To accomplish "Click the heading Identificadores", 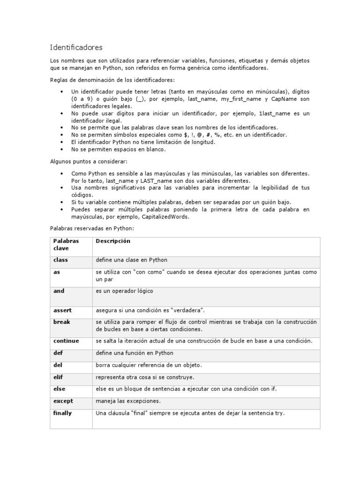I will (x=76, y=47).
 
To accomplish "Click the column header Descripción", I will (x=113, y=241).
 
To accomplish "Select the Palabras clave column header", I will (x=66, y=244).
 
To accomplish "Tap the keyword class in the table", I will (x=61, y=260).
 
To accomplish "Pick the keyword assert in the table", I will (x=63, y=310).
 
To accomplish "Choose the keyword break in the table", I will (x=62, y=322).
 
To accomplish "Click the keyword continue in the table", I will (x=66, y=341).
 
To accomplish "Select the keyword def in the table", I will (x=59, y=353).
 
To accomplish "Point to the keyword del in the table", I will (x=58, y=365).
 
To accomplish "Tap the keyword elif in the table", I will (x=59, y=377).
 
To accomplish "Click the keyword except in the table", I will (x=63, y=401).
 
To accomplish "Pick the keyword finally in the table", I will (x=63, y=413).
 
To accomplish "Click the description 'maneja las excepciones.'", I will (x=128, y=401).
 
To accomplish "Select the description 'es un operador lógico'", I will (x=124, y=291).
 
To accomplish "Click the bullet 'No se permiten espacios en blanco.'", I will (x=118, y=150).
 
